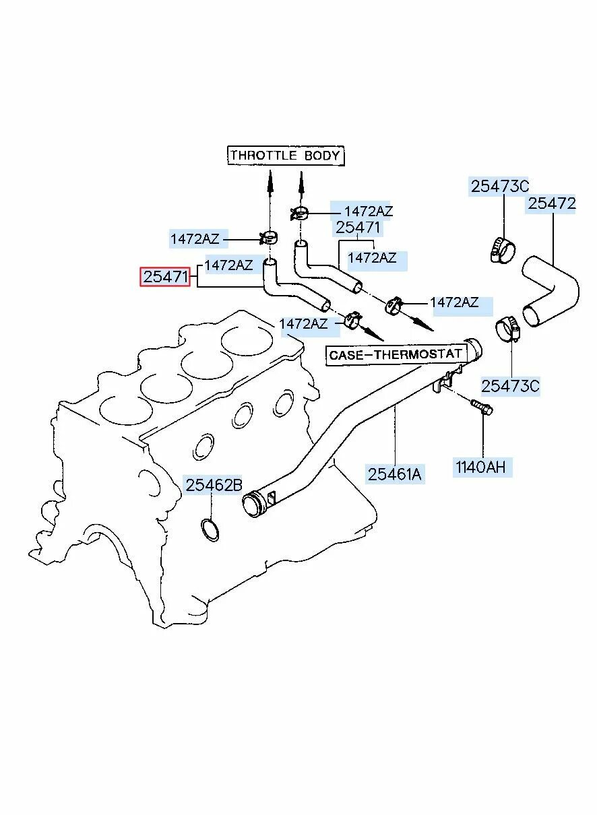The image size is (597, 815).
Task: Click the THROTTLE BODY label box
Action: point(284,156)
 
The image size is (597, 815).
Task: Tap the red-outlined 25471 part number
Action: point(165,277)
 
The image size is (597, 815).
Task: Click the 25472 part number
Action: point(552,203)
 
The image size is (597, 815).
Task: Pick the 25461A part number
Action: point(395,474)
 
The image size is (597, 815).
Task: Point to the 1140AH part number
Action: point(480,467)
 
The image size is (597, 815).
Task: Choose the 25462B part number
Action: point(214,484)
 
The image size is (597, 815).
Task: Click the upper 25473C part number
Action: point(500,187)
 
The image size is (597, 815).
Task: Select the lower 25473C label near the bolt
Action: point(510,386)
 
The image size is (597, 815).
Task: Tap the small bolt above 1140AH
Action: point(481,407)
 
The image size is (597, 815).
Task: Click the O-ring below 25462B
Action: point(210,530)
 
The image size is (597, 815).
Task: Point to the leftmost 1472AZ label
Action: point(195,238)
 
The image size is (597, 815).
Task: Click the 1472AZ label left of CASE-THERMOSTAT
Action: point(303,324)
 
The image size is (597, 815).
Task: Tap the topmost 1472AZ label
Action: point(368,211)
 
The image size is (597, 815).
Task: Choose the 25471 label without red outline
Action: point(358,228)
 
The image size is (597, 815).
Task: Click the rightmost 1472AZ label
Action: point(454,303)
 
